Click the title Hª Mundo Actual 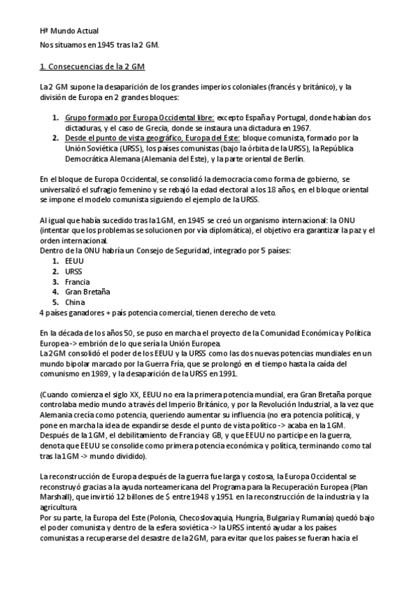click(69, 31)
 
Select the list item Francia click(78, 281)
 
